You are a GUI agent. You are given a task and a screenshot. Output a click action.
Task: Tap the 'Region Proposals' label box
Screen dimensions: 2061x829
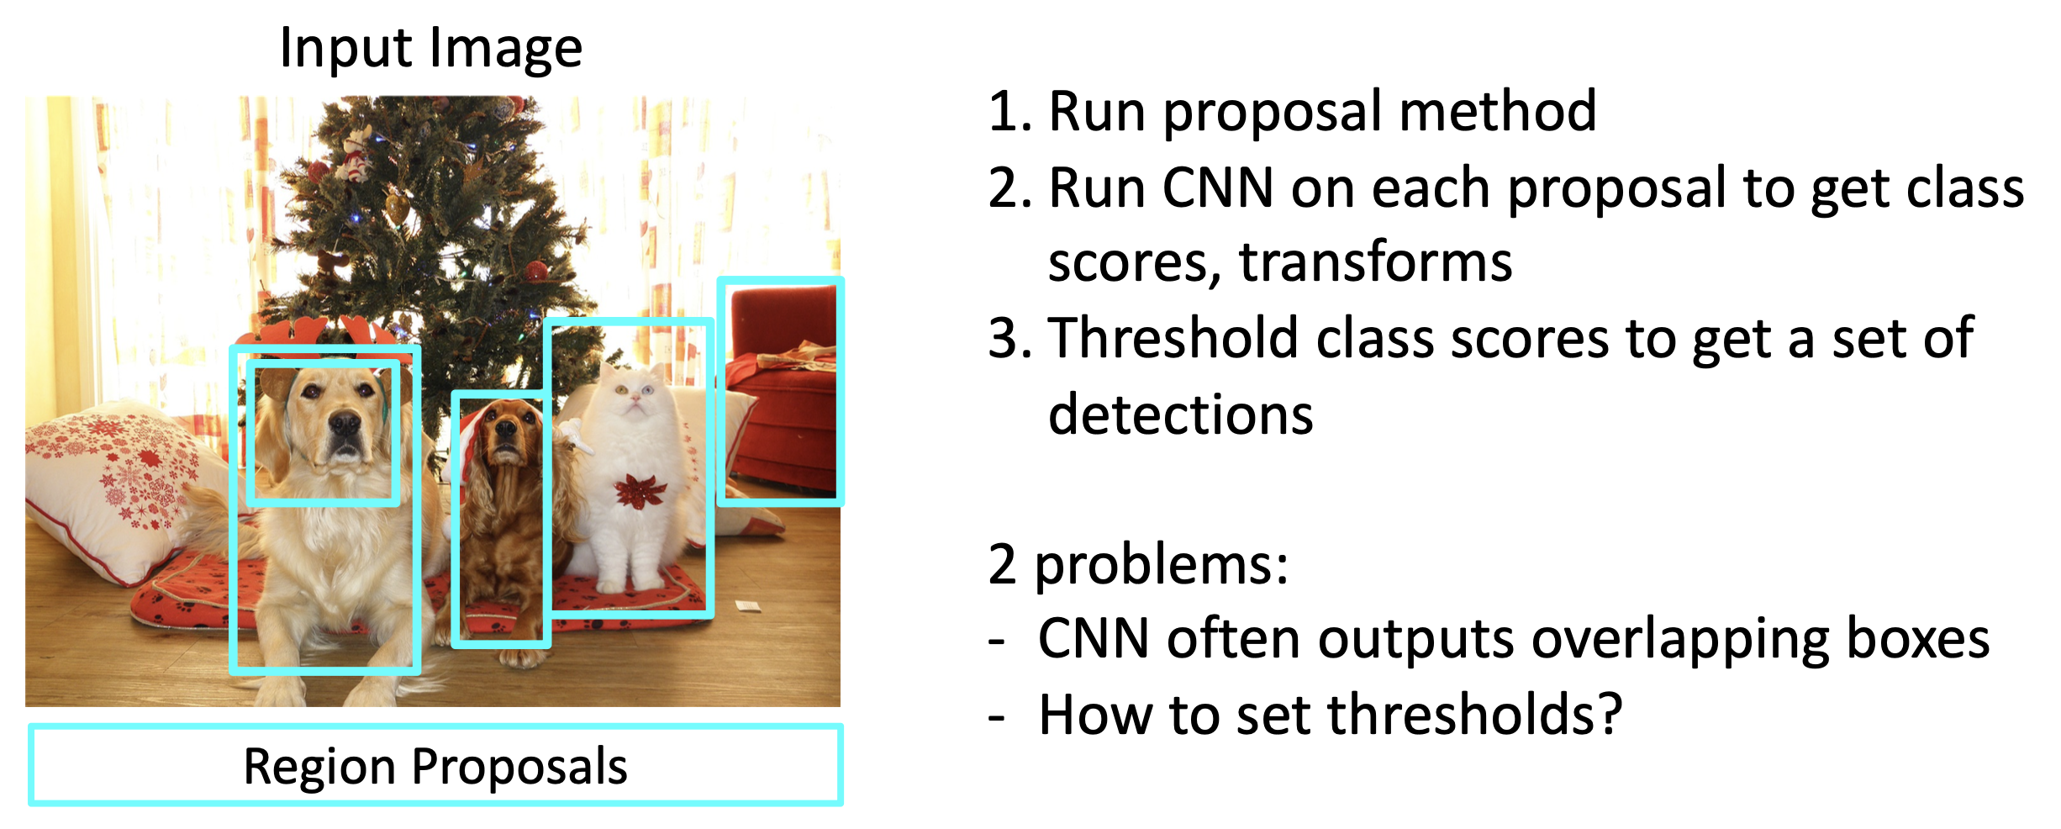click(x=435, y=765)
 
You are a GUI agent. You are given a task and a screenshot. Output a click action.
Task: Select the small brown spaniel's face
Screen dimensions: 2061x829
click(x=504, y=433)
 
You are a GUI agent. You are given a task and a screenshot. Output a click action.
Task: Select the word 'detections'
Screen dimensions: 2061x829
click(x=1180, y=414)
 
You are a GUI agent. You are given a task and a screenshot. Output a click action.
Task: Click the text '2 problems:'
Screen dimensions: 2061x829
click(x=1138, y=565)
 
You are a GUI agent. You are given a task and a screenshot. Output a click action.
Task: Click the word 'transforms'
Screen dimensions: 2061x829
click(x=1376, y=262)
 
